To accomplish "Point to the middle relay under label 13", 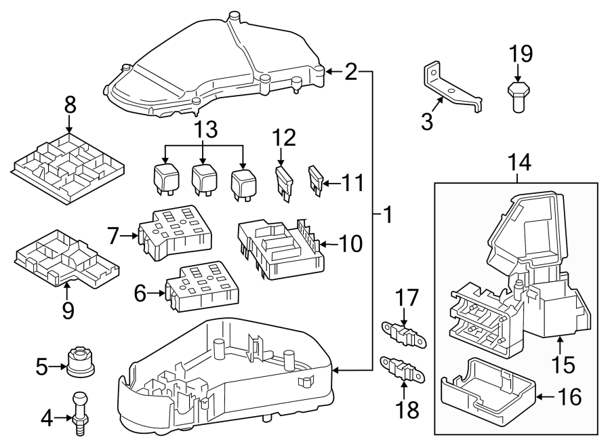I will [203, 179].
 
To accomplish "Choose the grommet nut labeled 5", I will [81, 361].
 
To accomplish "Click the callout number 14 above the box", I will [517, 162].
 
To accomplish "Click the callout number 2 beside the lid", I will [350, 72].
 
